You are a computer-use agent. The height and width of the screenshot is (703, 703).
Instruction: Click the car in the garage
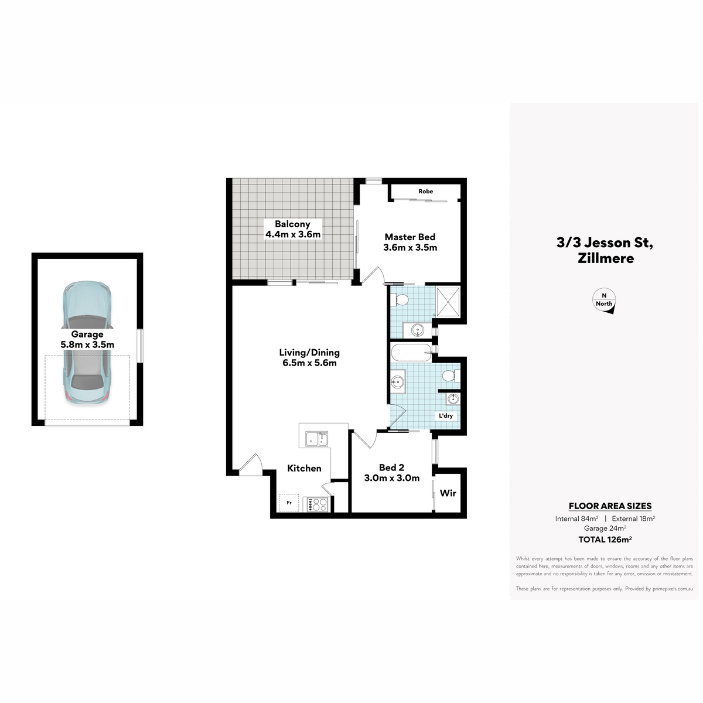87,343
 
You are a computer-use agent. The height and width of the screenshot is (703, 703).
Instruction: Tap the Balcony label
292,229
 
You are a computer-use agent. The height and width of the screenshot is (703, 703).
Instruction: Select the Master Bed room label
410,242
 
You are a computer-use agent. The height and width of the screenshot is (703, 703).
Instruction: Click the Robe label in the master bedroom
426,191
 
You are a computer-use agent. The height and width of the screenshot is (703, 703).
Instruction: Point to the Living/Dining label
309,357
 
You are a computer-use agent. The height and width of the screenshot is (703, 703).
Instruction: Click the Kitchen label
304,469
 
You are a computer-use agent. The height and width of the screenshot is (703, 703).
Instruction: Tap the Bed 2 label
392,473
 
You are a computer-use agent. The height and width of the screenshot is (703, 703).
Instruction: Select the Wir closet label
448,493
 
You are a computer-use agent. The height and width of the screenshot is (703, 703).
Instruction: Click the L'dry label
446,416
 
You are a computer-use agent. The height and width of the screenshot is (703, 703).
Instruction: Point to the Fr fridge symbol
289,503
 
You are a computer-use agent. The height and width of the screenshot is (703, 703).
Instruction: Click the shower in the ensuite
448,302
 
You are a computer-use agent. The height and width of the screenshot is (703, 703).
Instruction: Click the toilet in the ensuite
399,300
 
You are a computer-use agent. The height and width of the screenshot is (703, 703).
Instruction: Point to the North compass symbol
604,301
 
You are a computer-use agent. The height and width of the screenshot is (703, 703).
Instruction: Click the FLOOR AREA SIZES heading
610,506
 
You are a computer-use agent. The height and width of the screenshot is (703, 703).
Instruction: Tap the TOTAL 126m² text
605,540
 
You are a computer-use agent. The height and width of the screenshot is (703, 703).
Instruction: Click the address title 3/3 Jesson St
605,243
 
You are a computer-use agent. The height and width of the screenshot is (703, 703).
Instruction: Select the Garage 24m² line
605,528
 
